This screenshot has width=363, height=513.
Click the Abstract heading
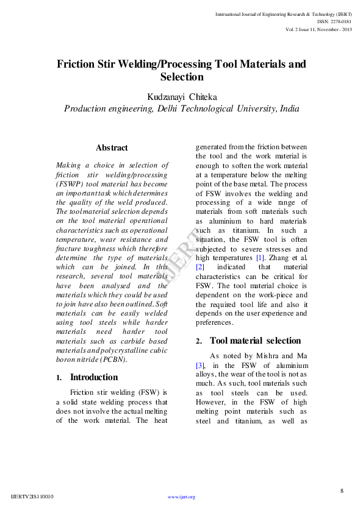point(112,148)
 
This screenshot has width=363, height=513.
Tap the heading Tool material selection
point(255,341)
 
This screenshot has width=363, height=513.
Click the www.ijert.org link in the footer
point(181,497)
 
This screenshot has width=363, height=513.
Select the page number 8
point(342,490)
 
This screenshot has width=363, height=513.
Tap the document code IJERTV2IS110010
point(32,497)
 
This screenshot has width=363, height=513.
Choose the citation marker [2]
point(199,267)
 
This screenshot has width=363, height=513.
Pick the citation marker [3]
point(199,365)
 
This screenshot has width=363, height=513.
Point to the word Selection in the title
point(181,77)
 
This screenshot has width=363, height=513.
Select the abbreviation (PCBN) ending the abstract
point(110,360)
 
